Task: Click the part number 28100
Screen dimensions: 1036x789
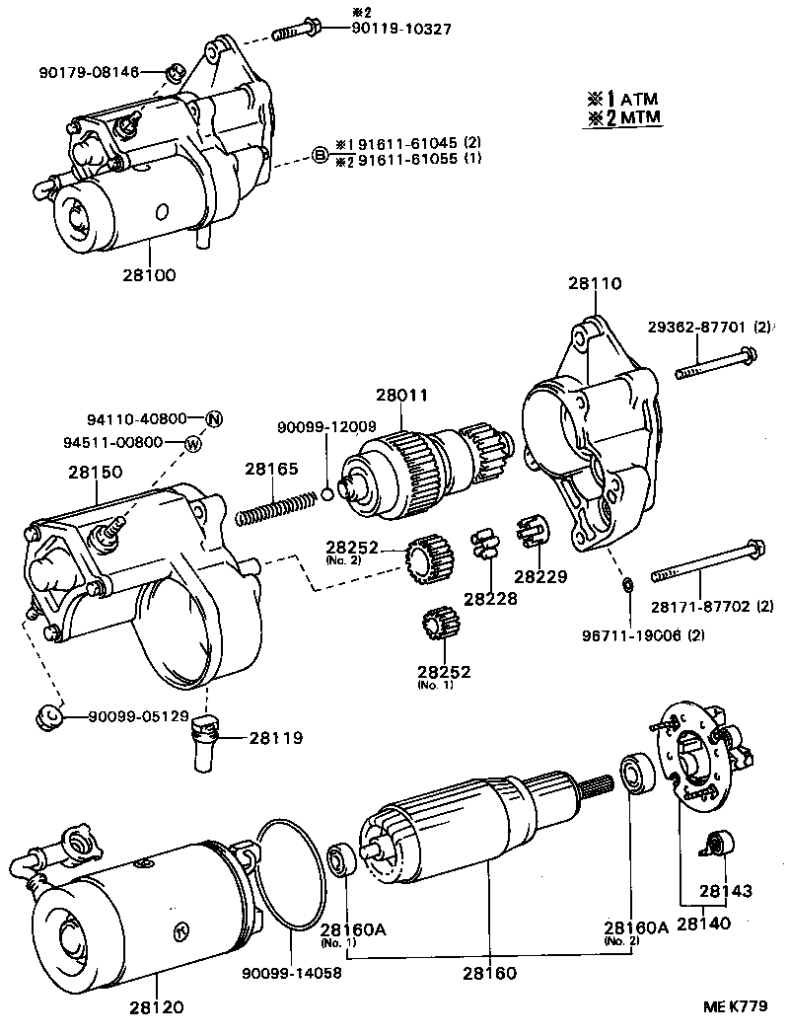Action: (151, 275)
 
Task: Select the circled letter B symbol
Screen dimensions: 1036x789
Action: (320, 155)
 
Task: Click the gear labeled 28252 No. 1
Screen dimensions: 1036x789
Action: (435, 627)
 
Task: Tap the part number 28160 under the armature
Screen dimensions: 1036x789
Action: (489, 973)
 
